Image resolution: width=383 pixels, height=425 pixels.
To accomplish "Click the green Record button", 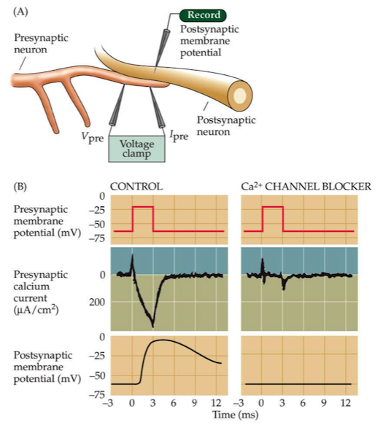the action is [203, 15].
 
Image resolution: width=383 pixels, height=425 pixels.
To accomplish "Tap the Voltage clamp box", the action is [136, 149].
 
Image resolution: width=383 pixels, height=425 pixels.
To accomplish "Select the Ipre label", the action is [179, 136].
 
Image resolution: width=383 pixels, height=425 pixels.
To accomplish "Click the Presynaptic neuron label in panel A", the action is [41, 44].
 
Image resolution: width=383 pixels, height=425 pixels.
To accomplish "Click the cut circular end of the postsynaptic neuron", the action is [240, 95].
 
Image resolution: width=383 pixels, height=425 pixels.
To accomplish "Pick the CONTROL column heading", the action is [136, 187].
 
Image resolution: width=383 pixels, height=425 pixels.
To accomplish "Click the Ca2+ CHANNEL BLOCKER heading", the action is [306, 186].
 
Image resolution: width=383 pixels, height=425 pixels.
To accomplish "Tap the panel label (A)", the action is [20, 12].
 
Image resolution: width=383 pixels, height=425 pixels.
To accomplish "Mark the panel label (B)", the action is [20, 187].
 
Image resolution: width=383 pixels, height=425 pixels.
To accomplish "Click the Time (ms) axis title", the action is [235, 415].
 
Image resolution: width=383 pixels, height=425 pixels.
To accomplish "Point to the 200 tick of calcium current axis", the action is [97, 302].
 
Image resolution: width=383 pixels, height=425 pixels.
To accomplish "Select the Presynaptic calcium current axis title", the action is [41, 292].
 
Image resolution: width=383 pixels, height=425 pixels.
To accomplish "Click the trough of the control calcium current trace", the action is [153, 327].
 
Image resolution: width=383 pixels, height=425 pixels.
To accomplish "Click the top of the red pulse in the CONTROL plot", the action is [143, 206].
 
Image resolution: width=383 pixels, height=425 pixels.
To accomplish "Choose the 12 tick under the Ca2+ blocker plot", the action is [345, 403].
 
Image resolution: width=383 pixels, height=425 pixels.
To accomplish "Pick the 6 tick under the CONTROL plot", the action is [174, 403].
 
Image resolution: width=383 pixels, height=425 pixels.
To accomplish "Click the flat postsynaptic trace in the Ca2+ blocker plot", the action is [298, 384].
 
